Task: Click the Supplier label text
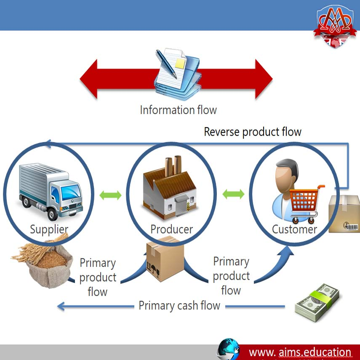coord(49,229)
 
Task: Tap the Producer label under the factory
coord(171,229)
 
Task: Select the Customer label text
coord(294,229)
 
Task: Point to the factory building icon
coord(171,187)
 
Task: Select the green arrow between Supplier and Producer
coord(110,195)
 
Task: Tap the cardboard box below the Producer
coord(165,259)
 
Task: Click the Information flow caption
coord(178,110)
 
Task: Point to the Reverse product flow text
coord(253,132)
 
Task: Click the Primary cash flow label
coord(179,305)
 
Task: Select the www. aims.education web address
coord(300,352)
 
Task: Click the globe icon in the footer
coord(228,349)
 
